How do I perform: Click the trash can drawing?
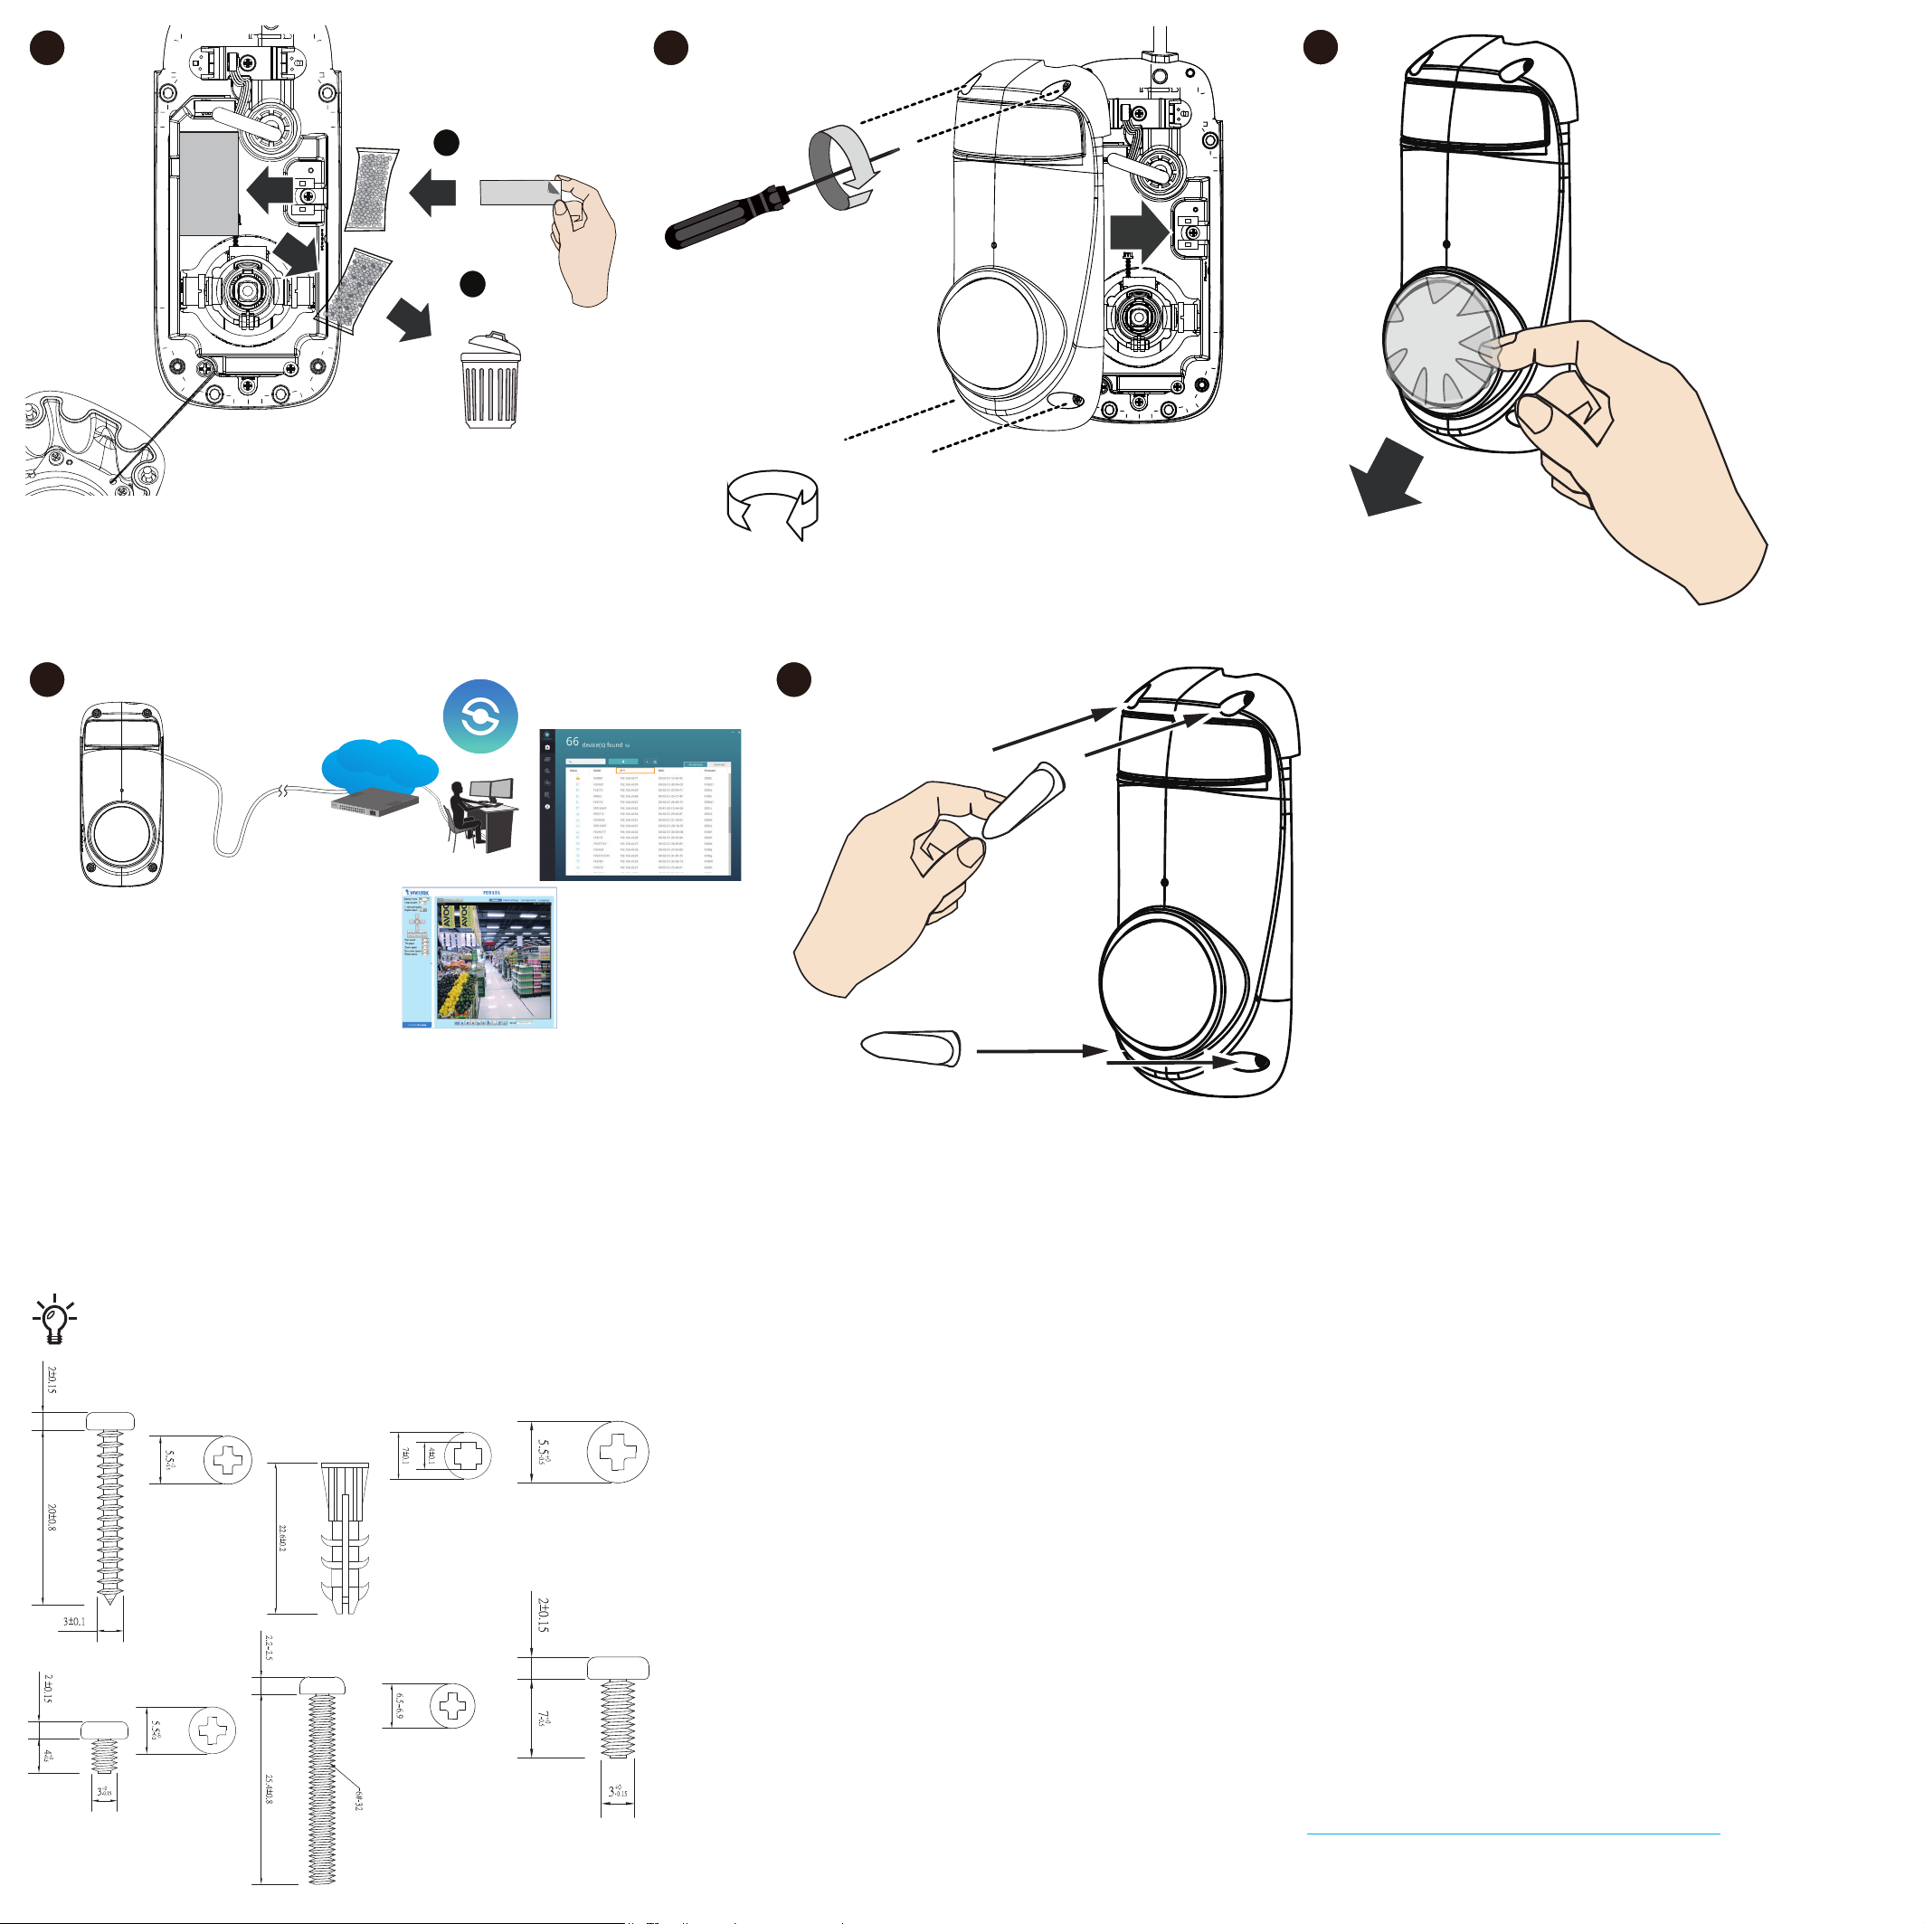[490, 383]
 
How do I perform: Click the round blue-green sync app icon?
[480, 716]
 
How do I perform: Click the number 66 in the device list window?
[573, 742]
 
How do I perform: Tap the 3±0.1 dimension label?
[73, 1621]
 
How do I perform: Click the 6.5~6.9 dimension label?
[399, 1706]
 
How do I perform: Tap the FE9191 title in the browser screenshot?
[491, 894]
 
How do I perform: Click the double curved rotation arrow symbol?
[772, 504]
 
